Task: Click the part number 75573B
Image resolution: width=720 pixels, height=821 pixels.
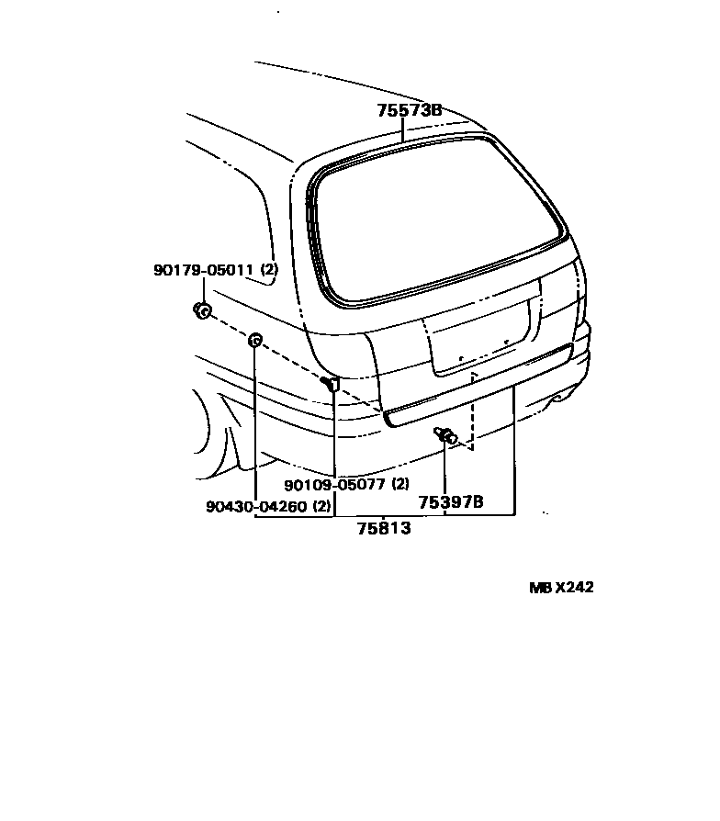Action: coord(410,111)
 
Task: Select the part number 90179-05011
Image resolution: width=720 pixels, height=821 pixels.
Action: coord(204,270)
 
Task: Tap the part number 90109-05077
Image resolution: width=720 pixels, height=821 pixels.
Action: coord(335,485)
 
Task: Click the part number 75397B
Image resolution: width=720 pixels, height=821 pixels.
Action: coord(451,502)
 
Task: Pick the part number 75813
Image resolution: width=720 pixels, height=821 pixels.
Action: coord(384,529)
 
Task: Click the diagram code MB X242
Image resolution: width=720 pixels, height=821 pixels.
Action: coord(560,588)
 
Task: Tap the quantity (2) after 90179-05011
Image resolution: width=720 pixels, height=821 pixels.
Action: coord(269,270)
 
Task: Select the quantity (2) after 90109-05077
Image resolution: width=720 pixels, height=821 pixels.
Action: coord(400,485)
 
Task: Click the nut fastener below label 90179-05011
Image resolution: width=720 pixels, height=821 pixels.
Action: coord(203,311)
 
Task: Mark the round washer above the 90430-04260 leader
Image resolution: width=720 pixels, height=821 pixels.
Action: coord(256,343)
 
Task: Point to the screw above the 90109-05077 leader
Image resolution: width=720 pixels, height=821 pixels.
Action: coord(332,383)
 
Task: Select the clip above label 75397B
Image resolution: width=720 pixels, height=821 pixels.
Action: coord(446,435)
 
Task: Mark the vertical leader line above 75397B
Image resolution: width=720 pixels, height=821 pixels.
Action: coord(445,468)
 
